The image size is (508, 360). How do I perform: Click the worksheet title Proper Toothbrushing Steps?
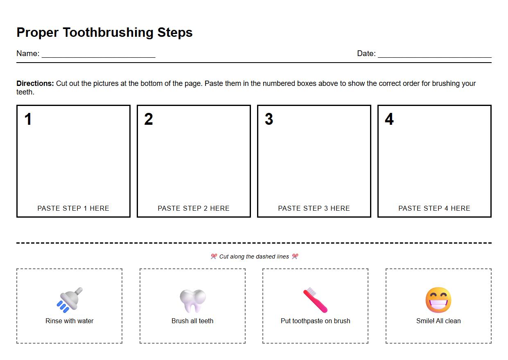[104, 32]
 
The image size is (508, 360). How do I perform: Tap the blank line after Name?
[98, 56]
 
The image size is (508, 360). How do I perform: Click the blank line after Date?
[434, 56]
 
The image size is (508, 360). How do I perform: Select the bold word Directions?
[35, 83]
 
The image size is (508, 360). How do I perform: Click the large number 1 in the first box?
[28, 119]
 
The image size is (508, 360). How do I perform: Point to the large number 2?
[149, 119]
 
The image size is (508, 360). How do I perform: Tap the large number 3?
[269, 119]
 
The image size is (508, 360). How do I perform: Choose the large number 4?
[389, 119]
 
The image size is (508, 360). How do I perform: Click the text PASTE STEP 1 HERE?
[73, 208]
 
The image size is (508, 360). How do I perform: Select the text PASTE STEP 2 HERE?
[194, 208]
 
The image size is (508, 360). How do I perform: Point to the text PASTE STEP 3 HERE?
[314, 208]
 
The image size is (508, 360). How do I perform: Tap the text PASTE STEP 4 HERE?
[434, 208]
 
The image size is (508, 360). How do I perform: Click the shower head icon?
[70, 300]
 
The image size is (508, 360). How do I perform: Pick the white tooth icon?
[192, 301]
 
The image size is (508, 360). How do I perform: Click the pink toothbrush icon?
[315, 300]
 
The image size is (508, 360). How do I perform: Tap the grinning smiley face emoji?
[438, 300]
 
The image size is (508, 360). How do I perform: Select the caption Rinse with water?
[70, 321]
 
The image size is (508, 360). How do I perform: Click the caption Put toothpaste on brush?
[315, 321]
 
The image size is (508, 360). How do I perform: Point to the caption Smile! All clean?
[438, 321]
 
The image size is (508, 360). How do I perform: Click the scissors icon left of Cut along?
[214, 256]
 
